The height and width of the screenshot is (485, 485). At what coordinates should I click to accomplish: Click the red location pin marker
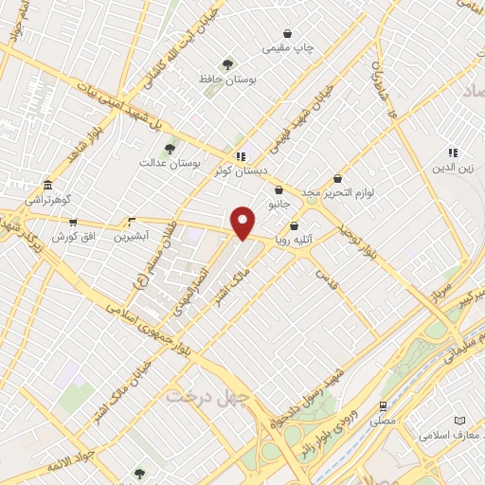pos(243,223)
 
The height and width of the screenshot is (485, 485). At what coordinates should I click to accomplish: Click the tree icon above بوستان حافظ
pos(227,64)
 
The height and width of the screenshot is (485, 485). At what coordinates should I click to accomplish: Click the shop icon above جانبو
pos(278,189)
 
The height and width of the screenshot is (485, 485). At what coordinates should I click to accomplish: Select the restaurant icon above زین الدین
pos(453,153)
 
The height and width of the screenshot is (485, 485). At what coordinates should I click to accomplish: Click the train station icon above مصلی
pos(384,404)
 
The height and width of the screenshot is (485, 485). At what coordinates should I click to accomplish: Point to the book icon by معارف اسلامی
pos(460,420)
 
